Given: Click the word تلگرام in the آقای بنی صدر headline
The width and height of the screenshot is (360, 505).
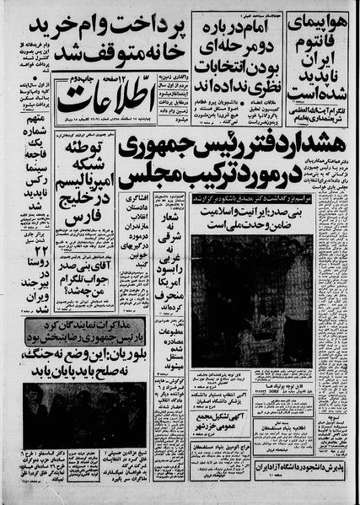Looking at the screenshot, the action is [79, 294].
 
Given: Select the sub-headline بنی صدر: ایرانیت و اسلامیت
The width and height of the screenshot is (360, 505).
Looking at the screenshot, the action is [238, 213].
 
